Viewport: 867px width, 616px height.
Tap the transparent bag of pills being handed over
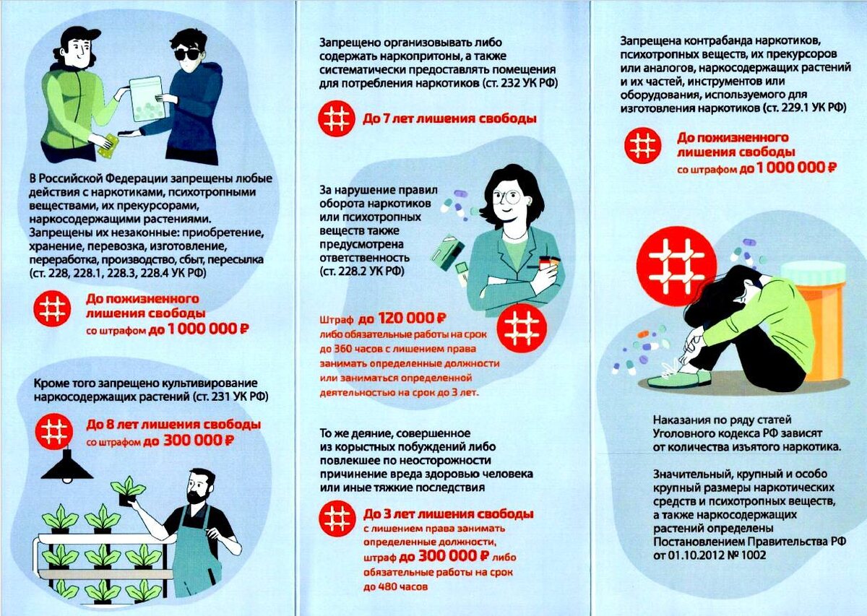coord(147,99)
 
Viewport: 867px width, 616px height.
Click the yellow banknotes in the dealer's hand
coord(106,144)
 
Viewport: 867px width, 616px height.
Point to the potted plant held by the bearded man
coord(127,491)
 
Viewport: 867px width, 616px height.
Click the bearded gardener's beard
coord(198,497)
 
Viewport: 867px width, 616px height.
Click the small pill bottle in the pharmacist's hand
coord(548,264)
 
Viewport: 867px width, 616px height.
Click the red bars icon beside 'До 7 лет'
coord(337,118)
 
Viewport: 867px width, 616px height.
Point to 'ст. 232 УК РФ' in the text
coord(519,83)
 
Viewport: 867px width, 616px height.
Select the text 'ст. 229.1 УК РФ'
coord(804,108)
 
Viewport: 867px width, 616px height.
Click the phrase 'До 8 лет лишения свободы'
coord(173,425)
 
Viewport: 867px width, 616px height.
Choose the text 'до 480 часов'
coord(395,587)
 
